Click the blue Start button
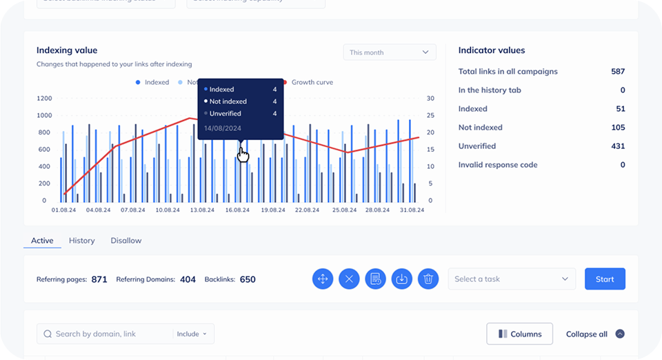tap(605, 279)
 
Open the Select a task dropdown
tap(512, 279)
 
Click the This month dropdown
tap(390, 52)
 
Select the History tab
tap(81, 241)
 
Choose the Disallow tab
tap(126, 241)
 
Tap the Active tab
tap(42, 241)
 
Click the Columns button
tap(519, 334)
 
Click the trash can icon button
tap(428, 279)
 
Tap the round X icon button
tap(349, 279)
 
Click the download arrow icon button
tap(402, 279)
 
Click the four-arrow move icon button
tap(323, 279)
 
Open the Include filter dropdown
tap(192, 334)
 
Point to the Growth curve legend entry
tap(311, 82)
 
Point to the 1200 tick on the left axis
tap(44, 98)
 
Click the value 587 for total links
tap(617, 72)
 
